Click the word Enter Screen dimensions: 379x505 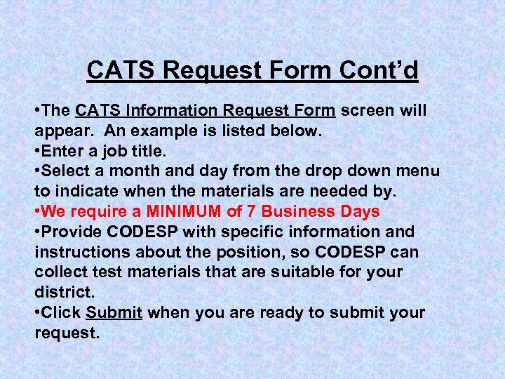click(62, 151)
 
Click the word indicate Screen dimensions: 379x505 click(85, 191)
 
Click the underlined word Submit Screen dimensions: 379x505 click(115, 312)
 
